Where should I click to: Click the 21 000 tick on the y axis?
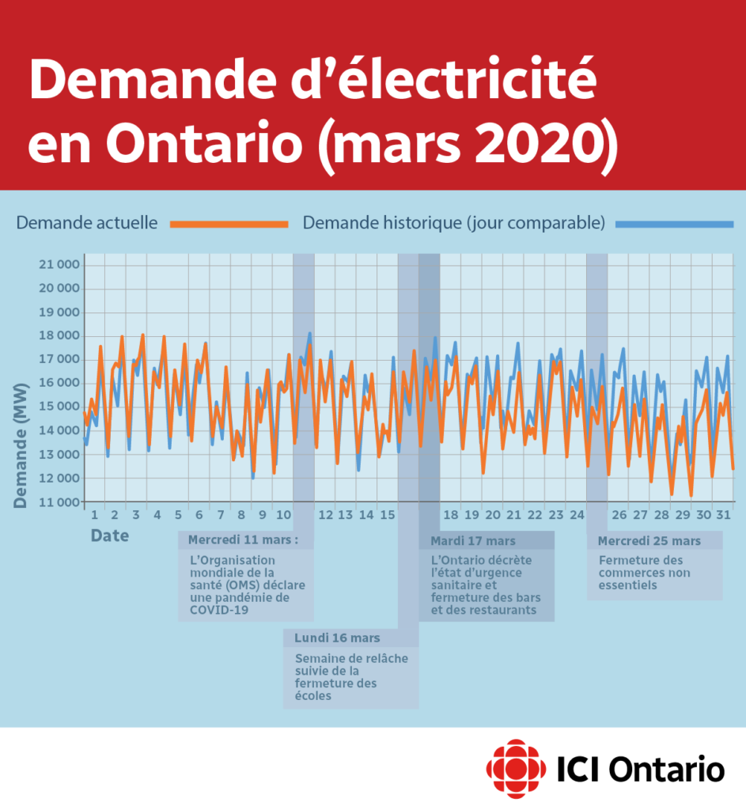[x=59, y=264]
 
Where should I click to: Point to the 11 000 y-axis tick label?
[x=59, y=502]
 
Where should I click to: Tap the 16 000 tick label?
[x=59, y=383]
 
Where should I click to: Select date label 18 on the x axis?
[x=450, y=514]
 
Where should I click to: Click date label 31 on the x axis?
[x=723, y=514]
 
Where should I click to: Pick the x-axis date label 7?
[x=221, y=514]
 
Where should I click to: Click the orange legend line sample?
[x=229, y=224]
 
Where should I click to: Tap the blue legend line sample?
[x=675, y=224]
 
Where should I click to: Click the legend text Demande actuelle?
[x=87, y=222]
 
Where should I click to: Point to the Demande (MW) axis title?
[x=20, y=445]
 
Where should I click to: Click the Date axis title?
[x=109, y=536]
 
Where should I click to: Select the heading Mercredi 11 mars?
[x=243, y=539]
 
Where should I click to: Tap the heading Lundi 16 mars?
[x=337, y=638]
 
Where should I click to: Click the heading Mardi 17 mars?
[x=473, y=541]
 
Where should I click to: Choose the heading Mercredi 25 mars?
[x=649, y=541]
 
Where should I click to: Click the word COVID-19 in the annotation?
[x=219, y=610]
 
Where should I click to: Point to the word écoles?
[x=313, y=696]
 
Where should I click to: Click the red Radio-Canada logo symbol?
[x=516, y=769]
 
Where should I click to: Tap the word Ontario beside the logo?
[x=666, y=770]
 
